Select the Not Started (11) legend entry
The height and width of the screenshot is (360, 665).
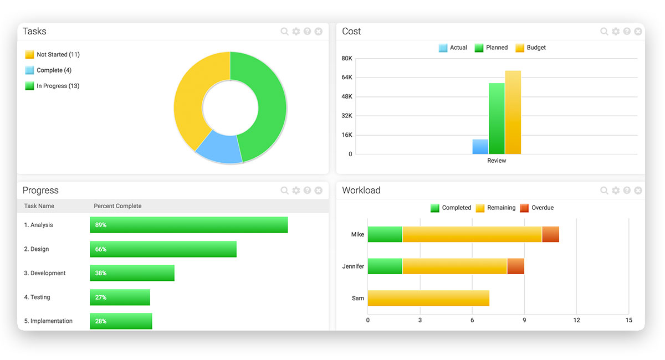tap(53, 55)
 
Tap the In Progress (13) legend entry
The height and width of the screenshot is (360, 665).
tap(53, 86)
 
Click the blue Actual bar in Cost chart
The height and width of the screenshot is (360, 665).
tap(480, 147)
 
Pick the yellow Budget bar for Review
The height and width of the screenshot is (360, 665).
tap(513, 112)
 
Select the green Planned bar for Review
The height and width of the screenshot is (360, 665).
tap(497, 119)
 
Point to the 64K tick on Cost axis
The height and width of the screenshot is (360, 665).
tap(347, 78)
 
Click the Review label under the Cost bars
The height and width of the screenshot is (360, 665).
tap(497, 161)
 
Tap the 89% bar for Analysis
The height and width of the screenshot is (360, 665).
tap(189, 225)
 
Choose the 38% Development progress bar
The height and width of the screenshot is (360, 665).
tap(132, 273)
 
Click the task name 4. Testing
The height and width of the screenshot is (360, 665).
tap(37, 297)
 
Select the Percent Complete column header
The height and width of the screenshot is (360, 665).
tap(117, 206)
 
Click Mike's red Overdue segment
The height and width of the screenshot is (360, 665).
tap(550, 234)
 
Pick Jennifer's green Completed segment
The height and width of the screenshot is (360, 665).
tap(385, 266)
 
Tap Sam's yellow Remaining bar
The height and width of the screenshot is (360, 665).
tap(428, 298)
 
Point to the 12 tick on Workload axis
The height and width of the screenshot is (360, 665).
tap(576, 320)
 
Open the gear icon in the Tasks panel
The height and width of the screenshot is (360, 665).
tap(296, 32)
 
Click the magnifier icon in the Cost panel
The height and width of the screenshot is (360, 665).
tap(604, 32)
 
